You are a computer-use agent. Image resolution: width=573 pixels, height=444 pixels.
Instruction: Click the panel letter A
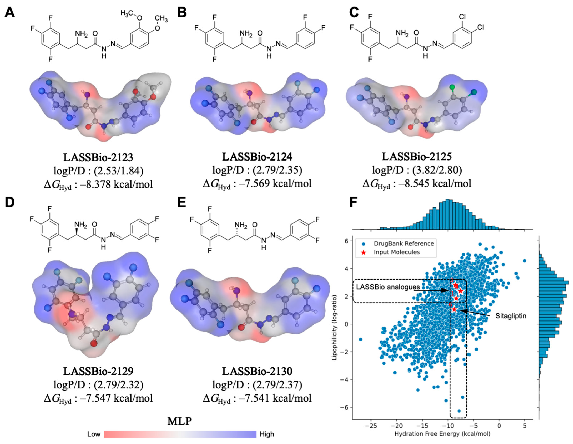10,12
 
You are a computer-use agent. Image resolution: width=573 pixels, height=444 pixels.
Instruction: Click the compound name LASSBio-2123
98,157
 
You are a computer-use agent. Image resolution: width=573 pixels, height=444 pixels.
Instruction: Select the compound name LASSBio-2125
417,157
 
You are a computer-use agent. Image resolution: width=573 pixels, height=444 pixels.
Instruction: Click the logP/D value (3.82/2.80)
437,170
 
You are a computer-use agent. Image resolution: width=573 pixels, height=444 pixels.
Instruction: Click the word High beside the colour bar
267,434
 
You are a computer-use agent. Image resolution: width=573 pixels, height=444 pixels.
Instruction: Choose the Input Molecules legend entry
397,252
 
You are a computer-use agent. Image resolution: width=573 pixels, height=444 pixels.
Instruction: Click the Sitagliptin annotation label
511,316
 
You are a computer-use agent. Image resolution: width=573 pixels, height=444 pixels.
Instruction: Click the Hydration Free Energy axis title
442,434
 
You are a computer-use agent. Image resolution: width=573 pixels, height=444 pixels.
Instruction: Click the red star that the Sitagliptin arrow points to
454,309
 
